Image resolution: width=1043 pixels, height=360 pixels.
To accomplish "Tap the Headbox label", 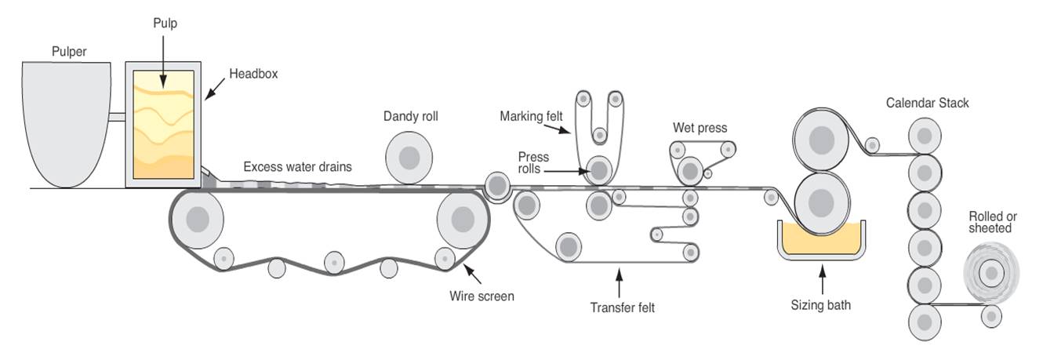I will pos(253,75).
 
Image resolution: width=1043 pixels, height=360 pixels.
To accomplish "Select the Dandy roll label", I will pos(410,117).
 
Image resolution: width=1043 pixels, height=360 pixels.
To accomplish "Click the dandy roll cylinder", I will pos(409,158).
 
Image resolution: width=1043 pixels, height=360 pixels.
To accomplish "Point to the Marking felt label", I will pos(531,117).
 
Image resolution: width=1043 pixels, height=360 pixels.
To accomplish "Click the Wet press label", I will pos(700,128).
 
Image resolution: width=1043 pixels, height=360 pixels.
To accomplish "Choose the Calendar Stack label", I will pos(927,104).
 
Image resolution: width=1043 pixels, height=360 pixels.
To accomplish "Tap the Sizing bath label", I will pos(821,305).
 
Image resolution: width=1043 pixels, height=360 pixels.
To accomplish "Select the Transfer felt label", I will pos(622,307).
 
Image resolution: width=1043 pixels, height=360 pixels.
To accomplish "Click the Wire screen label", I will pos(482,296).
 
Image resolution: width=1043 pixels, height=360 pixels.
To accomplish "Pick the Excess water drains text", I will pos(297,167).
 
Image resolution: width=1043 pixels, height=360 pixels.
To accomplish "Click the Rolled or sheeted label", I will pos(992,222).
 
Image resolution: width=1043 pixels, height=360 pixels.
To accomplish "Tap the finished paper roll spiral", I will pos(991,272).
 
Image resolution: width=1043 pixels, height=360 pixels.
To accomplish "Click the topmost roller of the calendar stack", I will pos(924,135).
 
